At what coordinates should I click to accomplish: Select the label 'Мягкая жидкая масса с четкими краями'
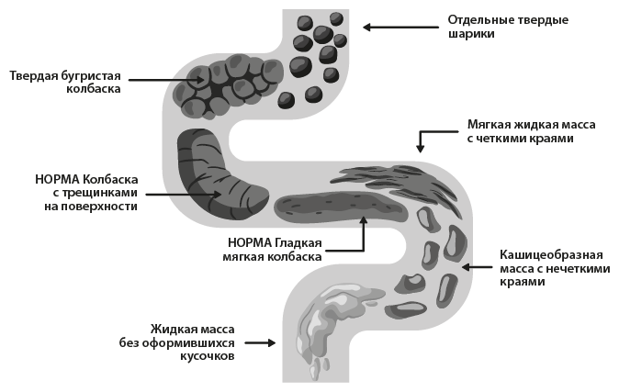tap(520, 130)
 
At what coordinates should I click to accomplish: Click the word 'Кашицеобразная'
tap(551, 252)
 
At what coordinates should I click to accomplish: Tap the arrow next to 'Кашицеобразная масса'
tap(478, 267)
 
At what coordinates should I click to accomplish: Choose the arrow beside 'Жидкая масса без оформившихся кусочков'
tap(260, 342)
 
